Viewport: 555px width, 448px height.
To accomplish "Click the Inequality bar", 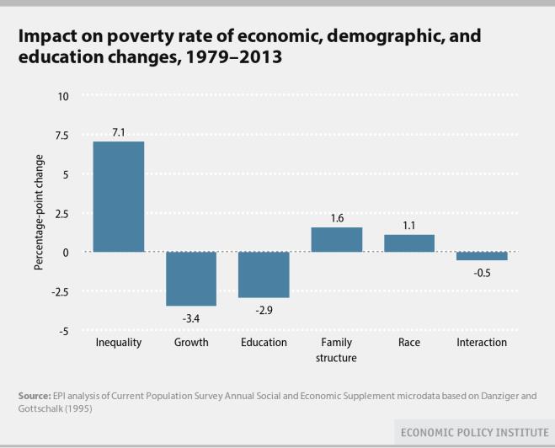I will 118,196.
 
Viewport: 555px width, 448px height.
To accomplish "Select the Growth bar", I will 191,279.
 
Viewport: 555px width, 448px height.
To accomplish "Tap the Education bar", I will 264,275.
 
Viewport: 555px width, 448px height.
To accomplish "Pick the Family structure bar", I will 337,240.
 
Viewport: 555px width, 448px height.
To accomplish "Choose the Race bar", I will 409,243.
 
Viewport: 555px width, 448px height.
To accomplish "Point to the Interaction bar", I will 482,256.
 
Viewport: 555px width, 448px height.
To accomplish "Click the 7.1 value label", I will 118,131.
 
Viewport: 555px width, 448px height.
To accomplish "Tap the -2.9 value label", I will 264,309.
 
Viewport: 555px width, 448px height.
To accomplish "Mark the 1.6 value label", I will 337,218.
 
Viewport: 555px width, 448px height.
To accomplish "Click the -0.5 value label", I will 482,271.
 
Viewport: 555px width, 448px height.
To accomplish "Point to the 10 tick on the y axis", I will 64,97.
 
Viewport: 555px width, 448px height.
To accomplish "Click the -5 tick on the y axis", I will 64,331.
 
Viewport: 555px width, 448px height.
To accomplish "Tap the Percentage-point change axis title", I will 39,214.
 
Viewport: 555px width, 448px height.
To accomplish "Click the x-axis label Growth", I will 191,343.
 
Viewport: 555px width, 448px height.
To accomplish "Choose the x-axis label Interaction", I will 482,343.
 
